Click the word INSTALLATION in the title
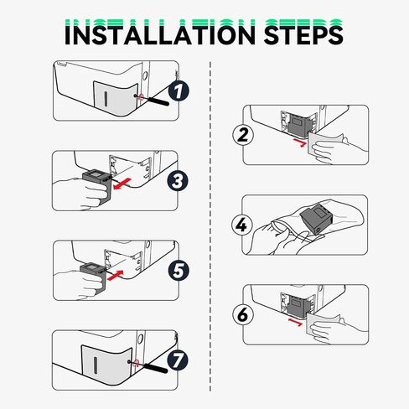[146, 34]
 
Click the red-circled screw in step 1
[141, 96]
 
